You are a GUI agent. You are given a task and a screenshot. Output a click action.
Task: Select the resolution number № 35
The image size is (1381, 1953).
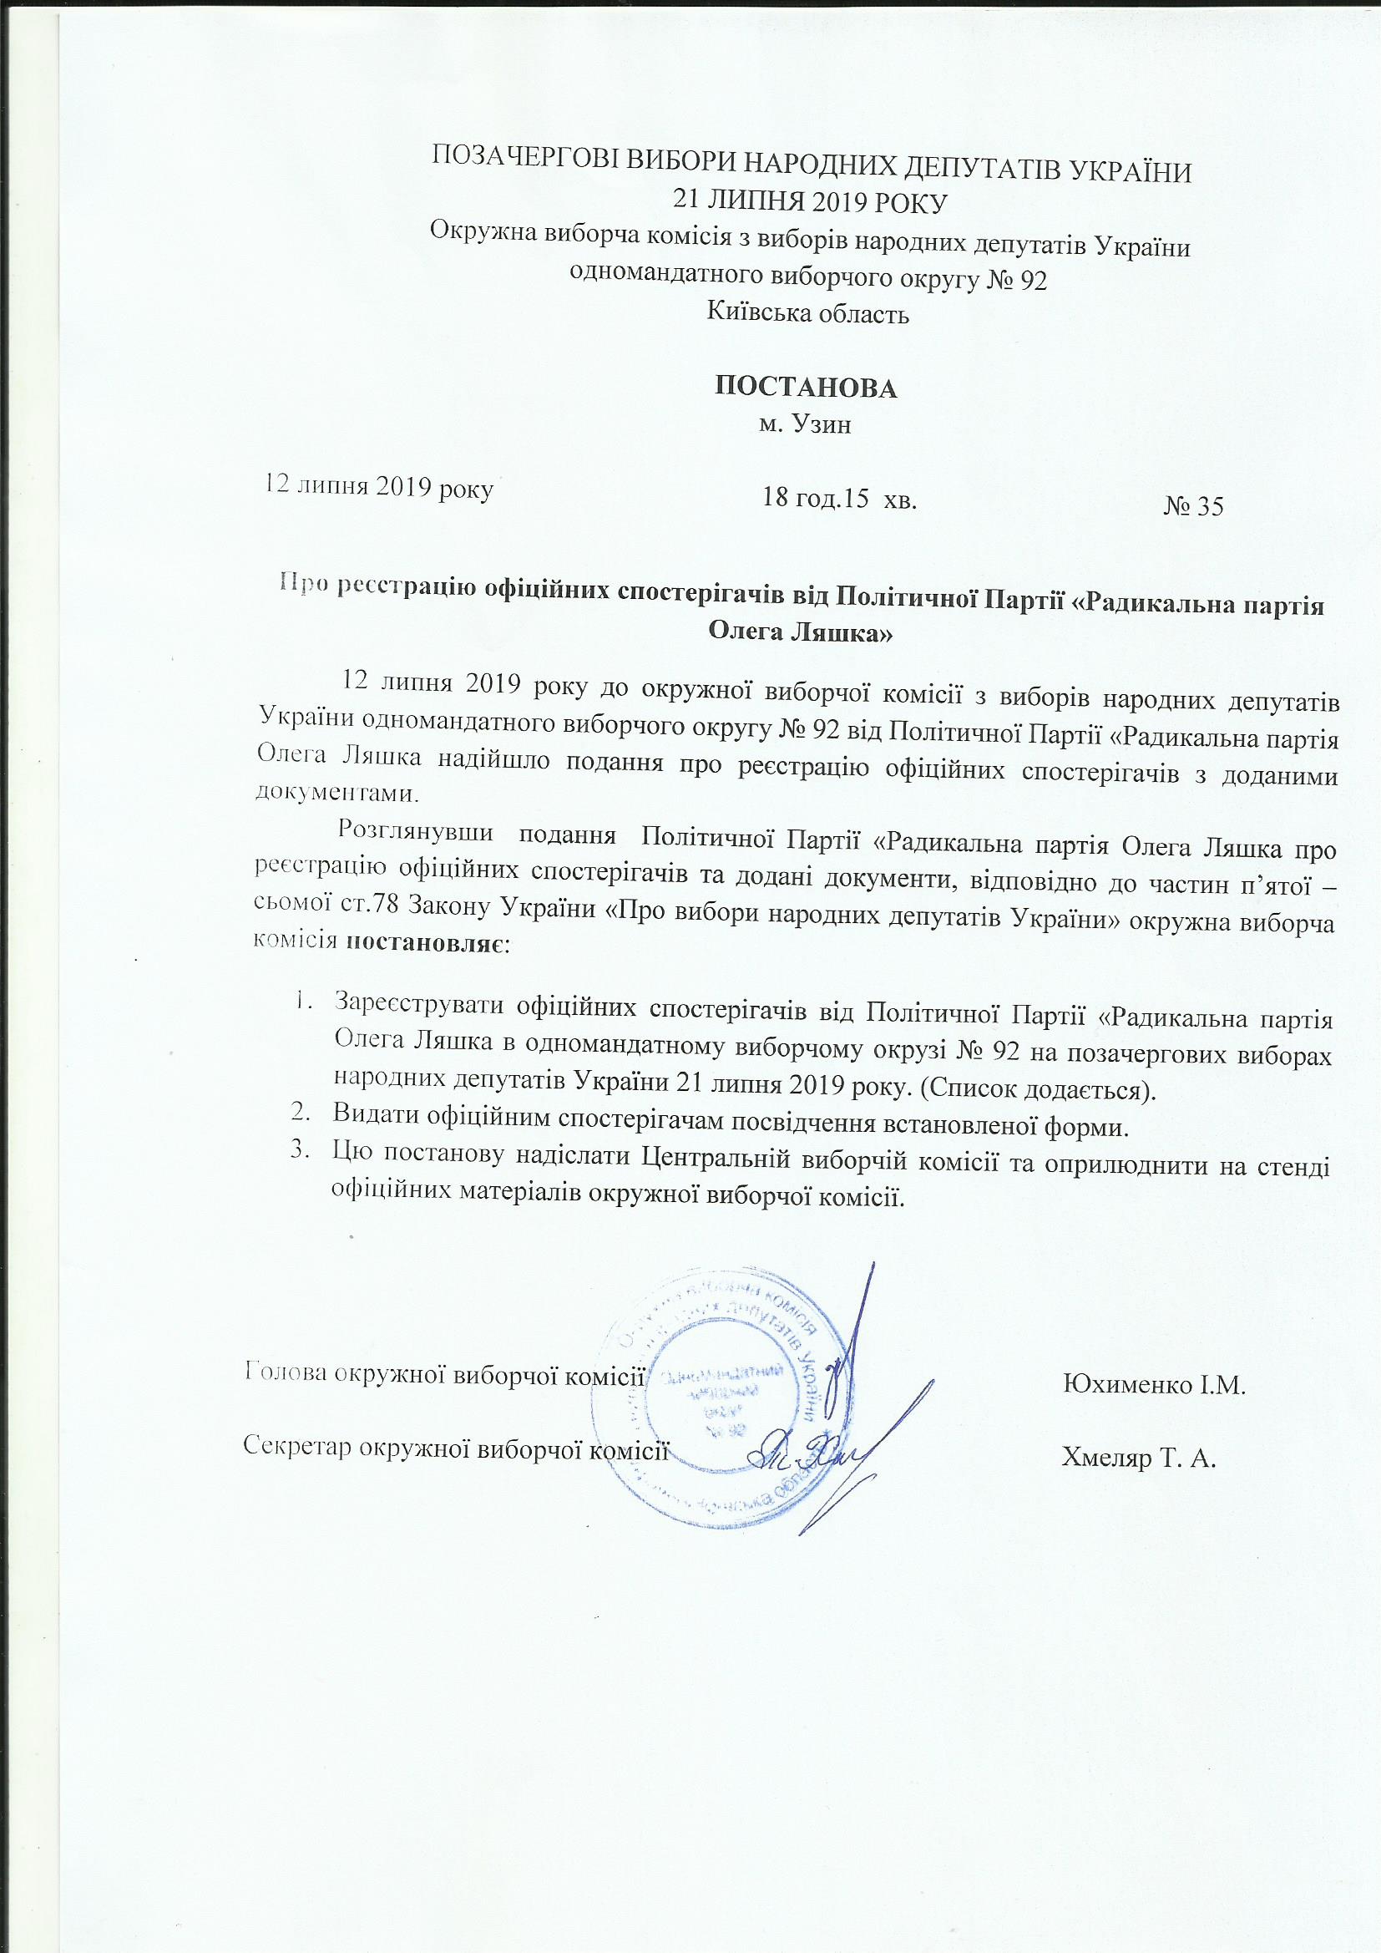pyautogui.click(x=1192, y=507)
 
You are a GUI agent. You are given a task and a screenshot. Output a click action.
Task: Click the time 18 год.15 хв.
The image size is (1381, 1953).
pyautogui.click(x=839, y=500)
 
